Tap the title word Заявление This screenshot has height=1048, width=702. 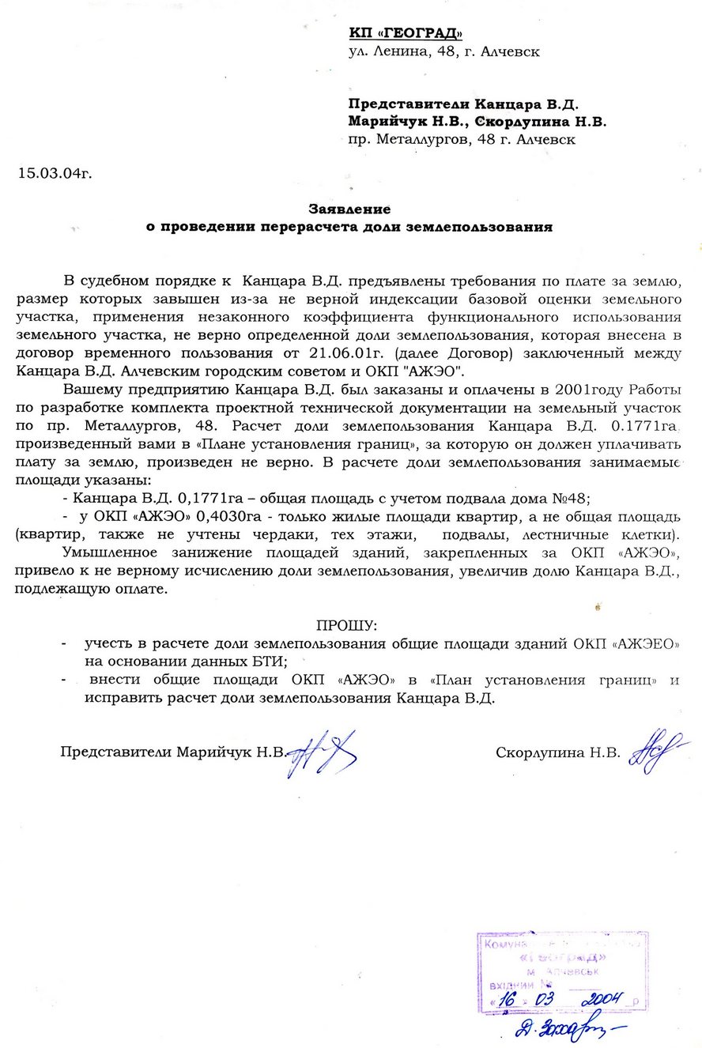349,209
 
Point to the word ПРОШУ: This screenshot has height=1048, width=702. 347,624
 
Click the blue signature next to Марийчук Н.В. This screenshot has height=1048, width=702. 321,752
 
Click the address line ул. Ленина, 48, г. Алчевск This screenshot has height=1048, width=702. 444,52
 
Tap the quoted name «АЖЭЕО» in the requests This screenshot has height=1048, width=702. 646,643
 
